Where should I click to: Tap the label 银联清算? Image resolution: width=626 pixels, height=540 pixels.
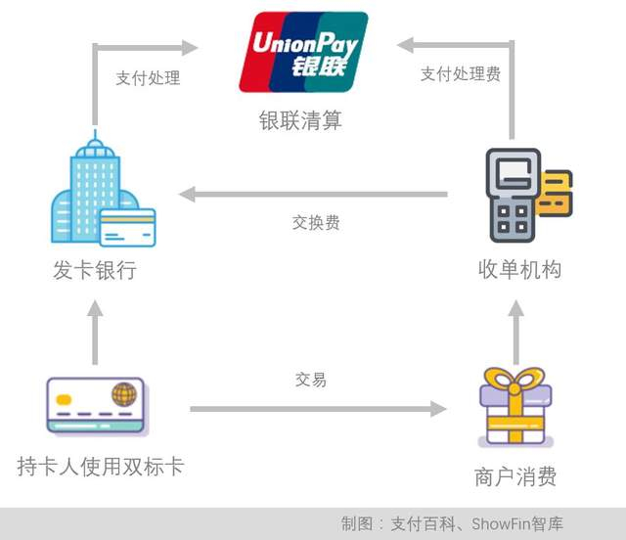[300, 120]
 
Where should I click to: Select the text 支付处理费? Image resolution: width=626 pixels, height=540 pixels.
[461, 74]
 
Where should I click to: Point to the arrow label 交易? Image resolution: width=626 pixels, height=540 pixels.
[310, 380]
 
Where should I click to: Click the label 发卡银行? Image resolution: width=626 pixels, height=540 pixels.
[94, 270]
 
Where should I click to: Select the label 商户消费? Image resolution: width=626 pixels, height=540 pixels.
[515, 476]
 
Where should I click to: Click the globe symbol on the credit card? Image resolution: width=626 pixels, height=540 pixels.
[123, 394]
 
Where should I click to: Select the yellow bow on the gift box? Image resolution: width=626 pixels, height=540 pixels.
[514, 378]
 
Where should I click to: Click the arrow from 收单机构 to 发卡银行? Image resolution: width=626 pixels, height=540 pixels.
[313, 195]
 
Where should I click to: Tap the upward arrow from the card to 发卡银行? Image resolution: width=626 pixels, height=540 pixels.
[95, 333]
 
